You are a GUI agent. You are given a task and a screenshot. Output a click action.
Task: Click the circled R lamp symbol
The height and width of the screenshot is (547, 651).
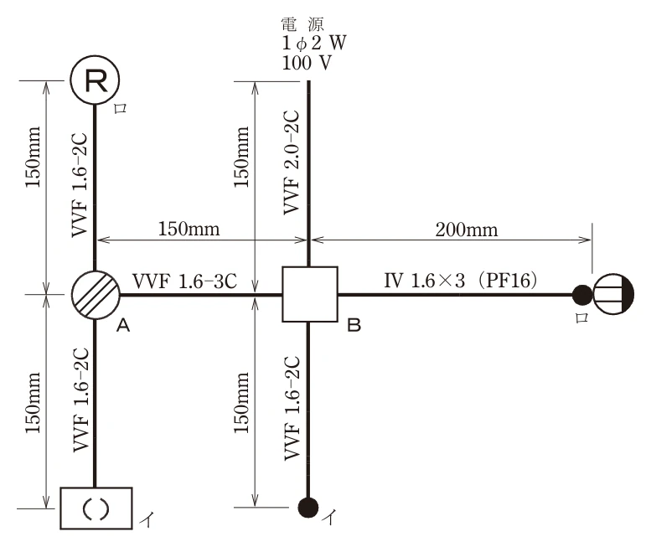tap(95, 80)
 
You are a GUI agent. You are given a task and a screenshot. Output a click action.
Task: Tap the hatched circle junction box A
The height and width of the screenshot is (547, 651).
tap(96, 295)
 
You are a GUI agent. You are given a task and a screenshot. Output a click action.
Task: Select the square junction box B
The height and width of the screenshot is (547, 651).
tap(310, 294)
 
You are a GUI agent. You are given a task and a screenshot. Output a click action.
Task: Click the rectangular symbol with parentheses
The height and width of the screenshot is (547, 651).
tap(96, 508)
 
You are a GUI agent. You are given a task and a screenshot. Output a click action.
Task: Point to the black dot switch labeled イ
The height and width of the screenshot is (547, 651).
tap(308, 507)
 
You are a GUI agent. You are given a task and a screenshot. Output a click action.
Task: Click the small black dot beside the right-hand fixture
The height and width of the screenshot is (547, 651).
tap(582, 295)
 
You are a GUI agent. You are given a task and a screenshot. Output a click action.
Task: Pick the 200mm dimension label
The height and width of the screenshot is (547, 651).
tap(466, 230)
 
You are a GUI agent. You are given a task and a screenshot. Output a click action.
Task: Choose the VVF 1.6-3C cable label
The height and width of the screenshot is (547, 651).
tap(185, 281)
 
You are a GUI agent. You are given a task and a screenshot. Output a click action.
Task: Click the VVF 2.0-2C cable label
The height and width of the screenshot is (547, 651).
tap(291, 163)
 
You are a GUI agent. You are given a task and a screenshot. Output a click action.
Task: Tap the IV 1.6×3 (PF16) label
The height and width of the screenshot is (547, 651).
tap(461, 281)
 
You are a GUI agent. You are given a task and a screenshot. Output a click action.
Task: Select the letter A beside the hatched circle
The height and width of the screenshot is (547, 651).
tap(123, 325)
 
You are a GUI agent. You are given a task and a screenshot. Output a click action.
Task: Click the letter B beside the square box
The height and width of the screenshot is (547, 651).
tap(354, 325)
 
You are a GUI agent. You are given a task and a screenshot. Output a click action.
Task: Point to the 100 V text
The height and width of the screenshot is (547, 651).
tap(307, 63)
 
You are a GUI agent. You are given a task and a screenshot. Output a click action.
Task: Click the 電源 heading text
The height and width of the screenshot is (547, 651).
tap(302, 24)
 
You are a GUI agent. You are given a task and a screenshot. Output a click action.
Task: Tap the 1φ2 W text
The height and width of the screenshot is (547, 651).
tap(314, 44)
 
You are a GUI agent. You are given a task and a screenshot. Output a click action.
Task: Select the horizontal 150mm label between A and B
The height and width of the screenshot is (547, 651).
tap(189, 229)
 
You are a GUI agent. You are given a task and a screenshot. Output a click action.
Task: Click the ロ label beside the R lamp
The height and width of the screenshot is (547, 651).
tap(121, 109)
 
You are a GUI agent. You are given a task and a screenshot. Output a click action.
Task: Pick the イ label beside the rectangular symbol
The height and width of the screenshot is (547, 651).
tap(147, 519)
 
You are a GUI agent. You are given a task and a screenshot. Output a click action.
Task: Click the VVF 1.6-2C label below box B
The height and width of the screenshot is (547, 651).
tap(292, 408)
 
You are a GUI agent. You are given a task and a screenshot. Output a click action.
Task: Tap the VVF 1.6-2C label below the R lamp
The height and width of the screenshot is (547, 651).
tap(80, 185)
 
